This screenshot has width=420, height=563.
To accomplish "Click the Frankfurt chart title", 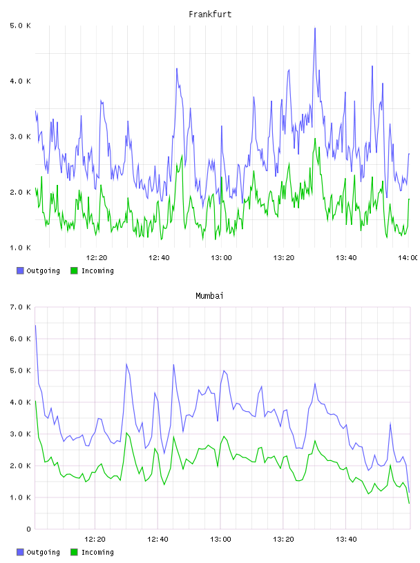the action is pos(210,14).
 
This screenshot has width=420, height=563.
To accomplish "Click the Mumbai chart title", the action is pos(209,296).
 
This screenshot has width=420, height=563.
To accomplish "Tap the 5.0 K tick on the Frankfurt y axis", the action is pos(21,26).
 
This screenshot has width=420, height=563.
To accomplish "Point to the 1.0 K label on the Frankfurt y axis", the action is pos(21,248).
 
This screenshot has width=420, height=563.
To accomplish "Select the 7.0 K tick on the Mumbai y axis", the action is pos(21,307).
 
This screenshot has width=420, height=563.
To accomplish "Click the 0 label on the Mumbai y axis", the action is pos(28,529).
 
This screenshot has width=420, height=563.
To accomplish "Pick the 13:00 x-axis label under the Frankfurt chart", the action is pos(221,258).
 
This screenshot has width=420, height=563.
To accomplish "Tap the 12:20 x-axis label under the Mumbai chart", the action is pos(95,540).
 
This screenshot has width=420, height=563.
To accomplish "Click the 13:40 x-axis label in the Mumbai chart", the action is pos(346,540).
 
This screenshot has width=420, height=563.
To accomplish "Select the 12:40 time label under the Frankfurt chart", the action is pos(159,258).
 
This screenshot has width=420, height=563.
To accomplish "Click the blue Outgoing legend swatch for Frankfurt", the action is pos(20,270).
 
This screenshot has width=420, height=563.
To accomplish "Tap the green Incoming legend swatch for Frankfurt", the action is pos(74,270).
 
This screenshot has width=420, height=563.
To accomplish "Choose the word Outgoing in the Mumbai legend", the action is pos(43,552).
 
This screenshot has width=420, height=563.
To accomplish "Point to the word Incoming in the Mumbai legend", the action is pos(97,552).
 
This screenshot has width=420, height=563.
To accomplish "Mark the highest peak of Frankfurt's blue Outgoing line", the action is pos(315,28).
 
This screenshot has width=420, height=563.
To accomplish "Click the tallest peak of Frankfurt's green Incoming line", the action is pos(315,139).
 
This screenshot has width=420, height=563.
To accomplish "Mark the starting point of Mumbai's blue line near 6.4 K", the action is pos(35,325).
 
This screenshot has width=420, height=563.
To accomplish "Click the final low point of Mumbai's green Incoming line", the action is pos(409,503).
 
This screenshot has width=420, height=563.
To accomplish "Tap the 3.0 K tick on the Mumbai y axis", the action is pos(21,434).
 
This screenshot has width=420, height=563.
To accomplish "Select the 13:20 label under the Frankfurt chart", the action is pos(284,258).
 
